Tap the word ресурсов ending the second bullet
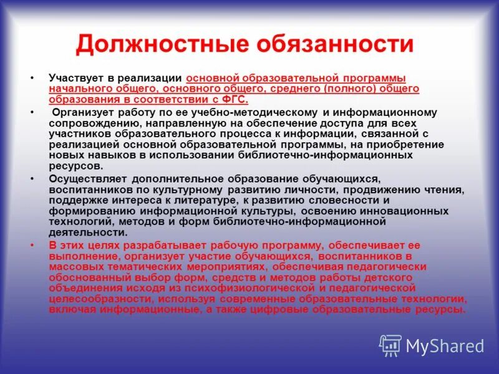coord(75,166)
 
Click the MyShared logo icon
coord(390,345)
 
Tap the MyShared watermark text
coord(445,346)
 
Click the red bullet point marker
coord(32,245)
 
